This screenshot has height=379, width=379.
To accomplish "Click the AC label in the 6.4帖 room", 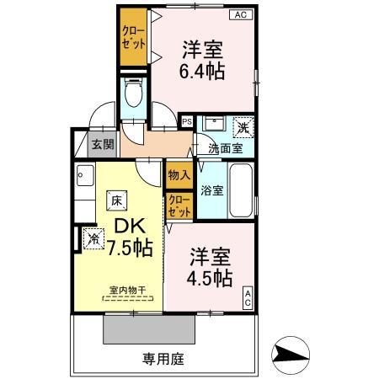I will point(240,14).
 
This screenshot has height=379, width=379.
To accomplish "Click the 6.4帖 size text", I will point(201,61).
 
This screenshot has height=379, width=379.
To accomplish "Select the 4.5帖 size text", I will point(211,267).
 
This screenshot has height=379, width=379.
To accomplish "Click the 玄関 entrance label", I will point(103,144).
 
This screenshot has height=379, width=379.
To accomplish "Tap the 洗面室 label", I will point(226,148).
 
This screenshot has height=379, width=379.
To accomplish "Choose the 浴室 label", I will point(212,190).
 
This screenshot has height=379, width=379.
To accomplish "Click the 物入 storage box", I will point(178,175).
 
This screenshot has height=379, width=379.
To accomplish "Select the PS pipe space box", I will point(186,121).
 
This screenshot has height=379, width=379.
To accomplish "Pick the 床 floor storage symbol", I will point(114,200).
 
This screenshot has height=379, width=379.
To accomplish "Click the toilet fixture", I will point(132,93).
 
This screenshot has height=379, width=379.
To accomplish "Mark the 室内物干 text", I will point(127,291).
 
